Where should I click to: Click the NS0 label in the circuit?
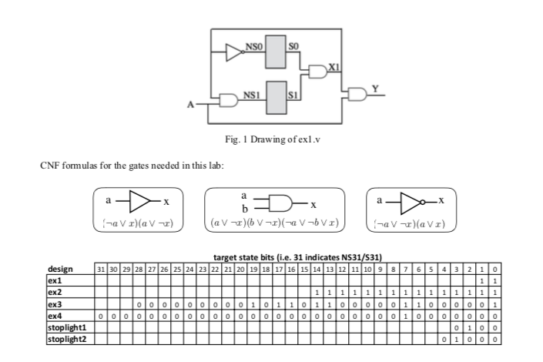pyautogui.click(x=253, y=48)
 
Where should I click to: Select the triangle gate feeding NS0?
pyautogui.click(x=233, y=52)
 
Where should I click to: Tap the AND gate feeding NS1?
pyautogui.click(x=229, y=100)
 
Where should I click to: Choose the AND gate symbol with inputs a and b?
pyautogui.click(x=284, y=203)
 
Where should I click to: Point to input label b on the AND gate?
pyautogui.click(x=245, y=209)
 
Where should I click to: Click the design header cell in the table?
pyautogui.click(x=61, y=269)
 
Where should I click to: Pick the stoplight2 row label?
pyautogui.click(x=62, y=338)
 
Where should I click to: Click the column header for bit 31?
pyautogui.click(x=99, y=269)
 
